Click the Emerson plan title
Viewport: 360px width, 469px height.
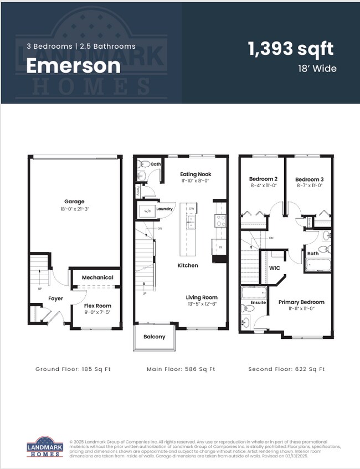[x=73, y=66]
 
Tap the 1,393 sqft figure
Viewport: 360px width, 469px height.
[x=291, y=49]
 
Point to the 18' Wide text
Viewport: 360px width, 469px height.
[x=317, y=69]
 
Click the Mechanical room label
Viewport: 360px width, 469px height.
[x=97, y=277]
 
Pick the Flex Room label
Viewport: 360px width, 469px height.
[x=97, y=306]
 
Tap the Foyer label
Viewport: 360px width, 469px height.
[x=55, y=298]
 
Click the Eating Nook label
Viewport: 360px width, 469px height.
[x=196, y=174]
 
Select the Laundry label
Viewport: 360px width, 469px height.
[x=164, y=209]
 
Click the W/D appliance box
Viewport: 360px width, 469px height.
[x=147, y=211]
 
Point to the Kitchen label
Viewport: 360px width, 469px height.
[x=188, y=266]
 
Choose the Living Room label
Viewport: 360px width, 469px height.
[x=202, y=297]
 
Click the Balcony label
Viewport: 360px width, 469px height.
[x=155, y=337]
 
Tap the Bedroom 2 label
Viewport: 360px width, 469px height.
[x=263, y=179]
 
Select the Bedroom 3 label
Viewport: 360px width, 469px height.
[x=308, y=179]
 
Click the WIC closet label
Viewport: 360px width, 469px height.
[x=275, y=268]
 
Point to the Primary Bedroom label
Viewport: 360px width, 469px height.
[x=301, y=302]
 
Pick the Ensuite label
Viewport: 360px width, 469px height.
[x=259, y=302]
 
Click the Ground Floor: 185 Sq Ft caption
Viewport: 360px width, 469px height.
[x=73, y=369]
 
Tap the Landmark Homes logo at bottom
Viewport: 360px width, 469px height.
[x=45, y=446]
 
